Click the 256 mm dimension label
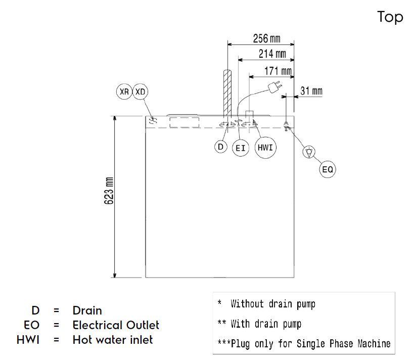click(x=266, y=39)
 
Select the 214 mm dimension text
click(x=272, y=54)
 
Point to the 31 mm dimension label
click(x=311, y=92)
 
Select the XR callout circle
click(x=124, y=92)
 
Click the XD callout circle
click(x=141, y=92)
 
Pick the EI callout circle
click(x=240, y=148)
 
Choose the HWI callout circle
click(x=265, y=147)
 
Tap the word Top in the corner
click(x=390, y=17)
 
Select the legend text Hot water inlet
click(x=113, y=339)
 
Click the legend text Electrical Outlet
click(x=116, y=325)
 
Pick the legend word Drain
click(x=87, y=310)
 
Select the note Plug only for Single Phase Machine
click(x=310, y=344)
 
